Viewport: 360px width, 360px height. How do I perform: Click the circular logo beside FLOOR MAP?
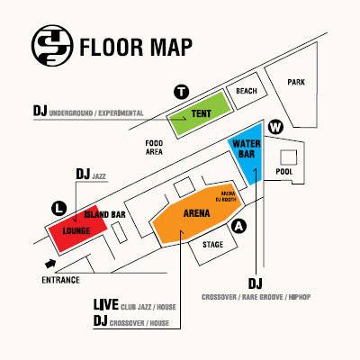click(x=52, y=46)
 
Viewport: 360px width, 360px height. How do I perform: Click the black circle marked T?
click(x=182, y=92)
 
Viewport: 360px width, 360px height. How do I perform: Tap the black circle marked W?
click(x=275, y=127)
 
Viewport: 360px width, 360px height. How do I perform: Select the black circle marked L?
click(x=59, y=209)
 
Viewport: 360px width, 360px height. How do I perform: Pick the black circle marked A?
click(x=238, y=226)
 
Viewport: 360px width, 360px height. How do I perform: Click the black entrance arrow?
click(x=50, y=264)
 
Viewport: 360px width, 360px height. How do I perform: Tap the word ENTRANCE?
click(x=60, y=280)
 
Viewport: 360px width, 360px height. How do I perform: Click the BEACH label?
click(x=247, y=91)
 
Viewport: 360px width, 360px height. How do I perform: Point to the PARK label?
click(x=296, y=82)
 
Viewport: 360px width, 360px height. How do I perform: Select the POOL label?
click(x=284, y=172)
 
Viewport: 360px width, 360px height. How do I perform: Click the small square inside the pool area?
click(x=289, y=157)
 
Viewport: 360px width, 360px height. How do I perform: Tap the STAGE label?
click(x=212, y=245)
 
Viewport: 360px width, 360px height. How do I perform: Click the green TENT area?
click(x=199, y=113)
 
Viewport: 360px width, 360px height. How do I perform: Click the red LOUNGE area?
click(x=77, y=229)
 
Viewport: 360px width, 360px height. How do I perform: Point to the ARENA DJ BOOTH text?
click(x=228, y=196)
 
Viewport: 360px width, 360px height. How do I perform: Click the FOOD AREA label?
click(x=154, y=148)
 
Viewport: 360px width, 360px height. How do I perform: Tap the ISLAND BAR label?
click(x=104, y=215)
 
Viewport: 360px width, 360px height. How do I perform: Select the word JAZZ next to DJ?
click(x=99, y=176)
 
